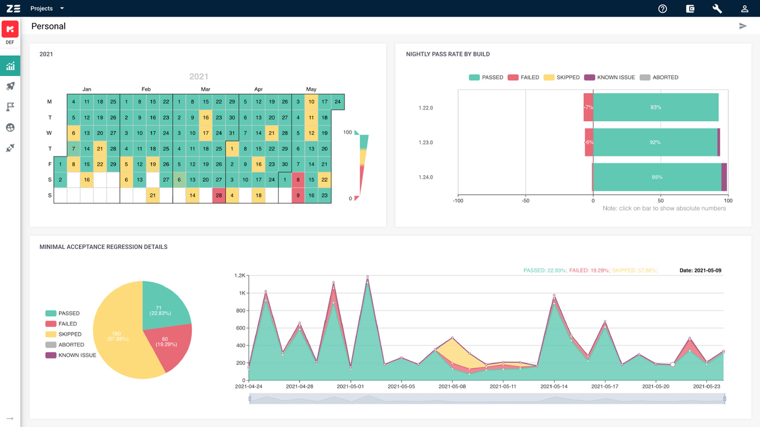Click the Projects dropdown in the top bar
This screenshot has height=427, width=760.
coord(47,8)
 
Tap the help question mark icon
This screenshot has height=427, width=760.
coord(662,9)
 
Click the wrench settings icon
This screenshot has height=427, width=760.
coord(718,9)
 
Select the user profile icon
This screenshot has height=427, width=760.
coord(745,9)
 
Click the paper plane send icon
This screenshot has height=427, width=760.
coord(743,26)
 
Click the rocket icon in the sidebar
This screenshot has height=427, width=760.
coord(10,86)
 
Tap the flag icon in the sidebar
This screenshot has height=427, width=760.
coord(10,106)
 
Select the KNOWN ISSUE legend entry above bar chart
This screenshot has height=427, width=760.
coord(609,77)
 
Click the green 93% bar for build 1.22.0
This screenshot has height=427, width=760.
coord(655,108)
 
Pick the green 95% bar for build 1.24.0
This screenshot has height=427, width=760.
coord(657,177)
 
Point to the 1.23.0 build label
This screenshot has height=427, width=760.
coord(426,143)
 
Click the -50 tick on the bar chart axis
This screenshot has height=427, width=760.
coord(525,200)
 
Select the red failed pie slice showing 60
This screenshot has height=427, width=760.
coord(168,345)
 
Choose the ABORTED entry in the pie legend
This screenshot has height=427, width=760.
coord(71,345)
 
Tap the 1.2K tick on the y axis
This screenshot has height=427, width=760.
coord(240,276)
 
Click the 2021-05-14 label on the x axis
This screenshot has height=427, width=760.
coord(554,386)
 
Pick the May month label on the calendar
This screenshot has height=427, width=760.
coord(311,89)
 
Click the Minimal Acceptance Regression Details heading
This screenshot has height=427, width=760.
coord(103,246)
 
